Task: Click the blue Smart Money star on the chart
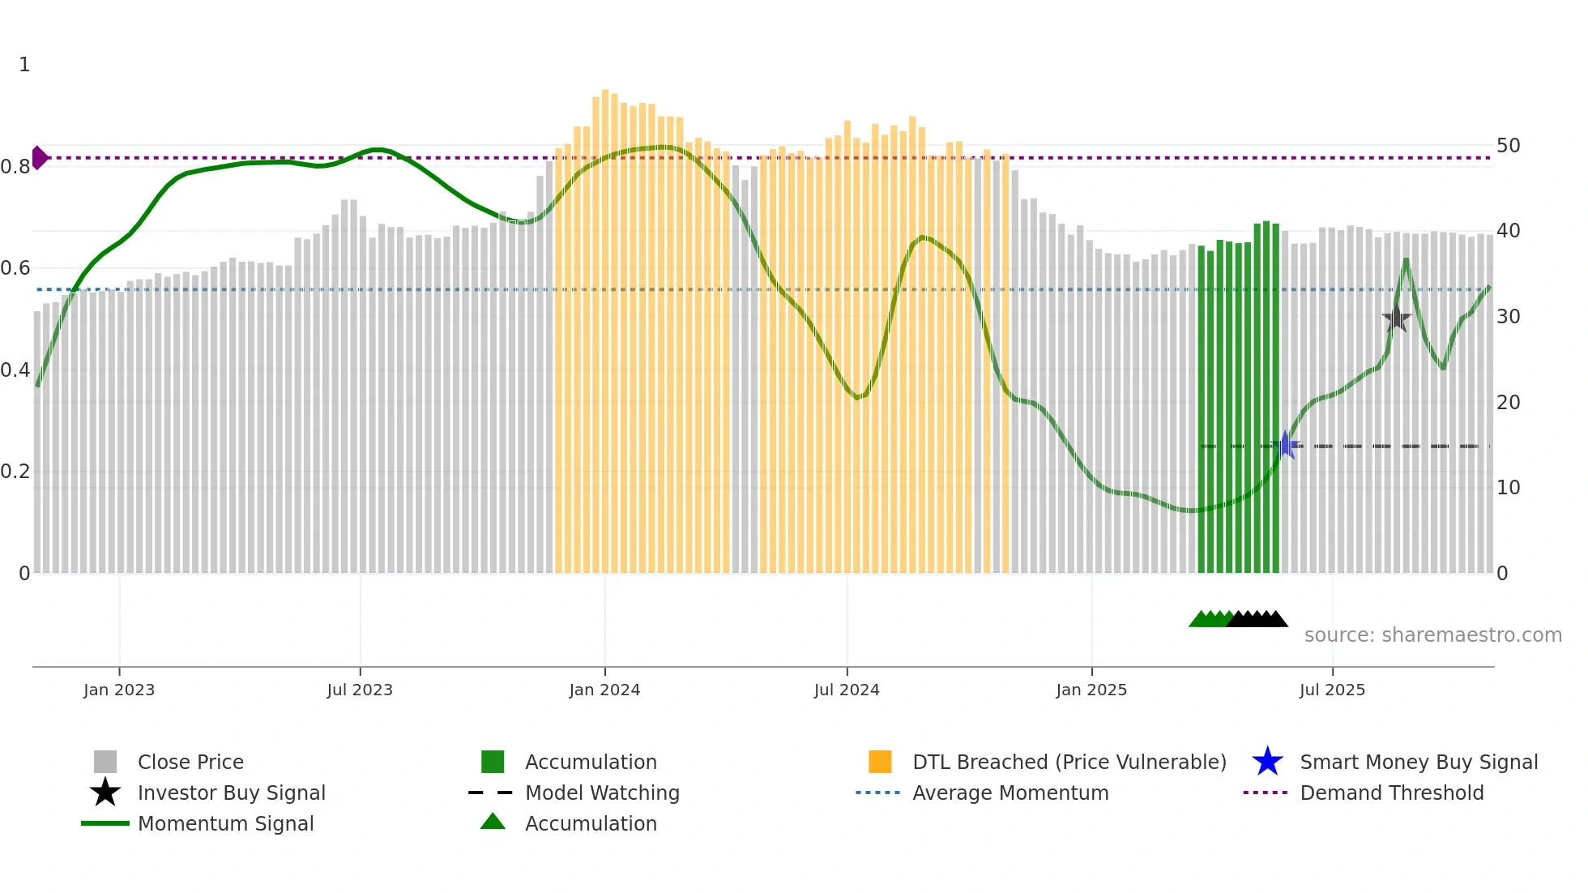(1285, 445)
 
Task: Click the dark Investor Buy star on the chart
(1396, 318)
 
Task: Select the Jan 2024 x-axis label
(604, 690)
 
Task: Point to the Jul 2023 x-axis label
(360, 690)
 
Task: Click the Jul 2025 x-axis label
(1332, 690)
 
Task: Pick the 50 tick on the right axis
(1508, 146)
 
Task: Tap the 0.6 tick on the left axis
(15, 268)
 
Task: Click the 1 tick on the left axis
(24, 65)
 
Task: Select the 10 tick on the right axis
(1508, 488)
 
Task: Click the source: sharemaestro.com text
(1432, 635)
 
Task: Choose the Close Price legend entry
(190, 762)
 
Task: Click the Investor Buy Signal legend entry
(231, 793)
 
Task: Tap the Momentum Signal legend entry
(225, 823)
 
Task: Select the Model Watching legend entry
(602, 793)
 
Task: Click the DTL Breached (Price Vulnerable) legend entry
(1069, 762)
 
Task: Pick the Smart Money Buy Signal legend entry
(1418, 762)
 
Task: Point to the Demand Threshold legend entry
(1391, 793)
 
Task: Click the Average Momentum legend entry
(1010, 793)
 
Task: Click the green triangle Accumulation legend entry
(591, 823)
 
